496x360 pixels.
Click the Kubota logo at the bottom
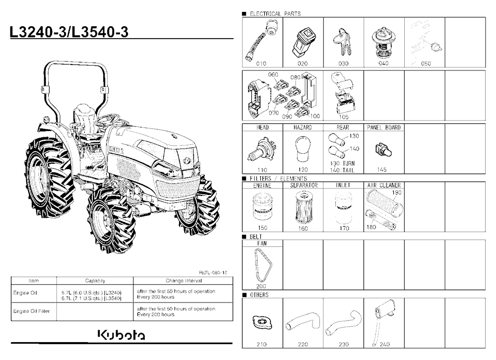click(121, 335)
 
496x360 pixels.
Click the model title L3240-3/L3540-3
click(69, 32)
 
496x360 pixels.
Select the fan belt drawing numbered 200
click(263, 265)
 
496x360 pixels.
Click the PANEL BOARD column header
click(384, 127)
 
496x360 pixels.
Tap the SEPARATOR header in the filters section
click(304, 185)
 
